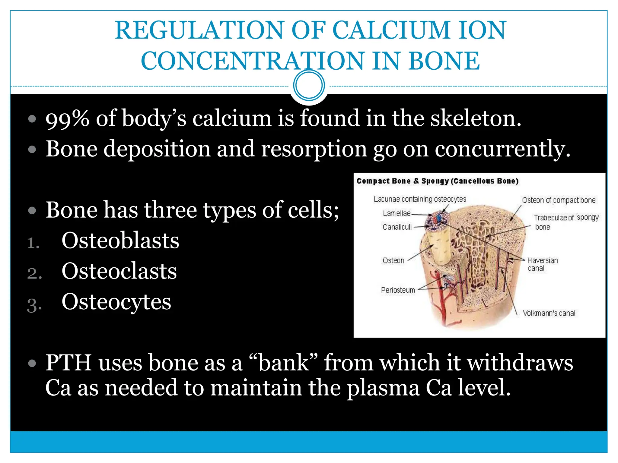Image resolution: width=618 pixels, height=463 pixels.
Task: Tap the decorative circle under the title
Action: click(309, 85)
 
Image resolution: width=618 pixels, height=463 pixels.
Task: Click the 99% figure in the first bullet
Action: click(67, 118)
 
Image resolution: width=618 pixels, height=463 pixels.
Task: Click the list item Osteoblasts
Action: click(120, 241)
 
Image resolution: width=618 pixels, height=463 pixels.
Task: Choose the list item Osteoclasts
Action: click(119, 271)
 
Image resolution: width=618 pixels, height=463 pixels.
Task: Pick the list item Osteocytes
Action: click(116, 302)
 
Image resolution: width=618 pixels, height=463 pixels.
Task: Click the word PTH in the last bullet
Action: click(68, 363)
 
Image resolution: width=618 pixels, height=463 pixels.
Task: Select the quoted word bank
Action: click(284, 363)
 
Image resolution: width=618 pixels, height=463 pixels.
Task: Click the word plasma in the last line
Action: click(383, 388)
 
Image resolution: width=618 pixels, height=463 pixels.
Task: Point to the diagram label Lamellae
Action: click(397, 213)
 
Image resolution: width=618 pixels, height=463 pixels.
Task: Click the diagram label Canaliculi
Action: click(397, 227)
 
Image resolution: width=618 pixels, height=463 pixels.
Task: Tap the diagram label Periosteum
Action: click(398, 290)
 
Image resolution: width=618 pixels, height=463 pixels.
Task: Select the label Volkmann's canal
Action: click(549, 313)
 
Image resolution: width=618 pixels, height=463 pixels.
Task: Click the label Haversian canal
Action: click(542, 264)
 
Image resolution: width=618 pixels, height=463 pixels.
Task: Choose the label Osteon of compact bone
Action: click(559, 200)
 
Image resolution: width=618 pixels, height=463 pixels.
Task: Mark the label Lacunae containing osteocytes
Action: click(420, 199)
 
